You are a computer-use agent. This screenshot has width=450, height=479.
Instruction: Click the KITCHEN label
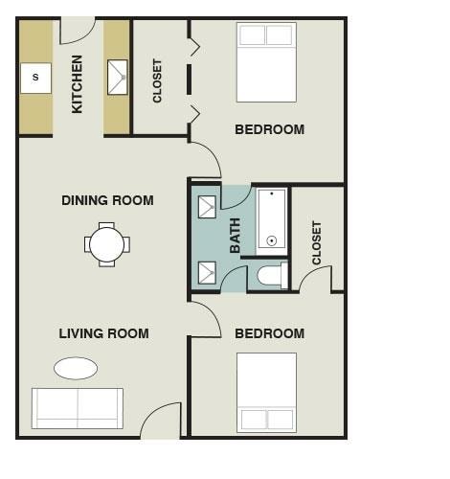78,83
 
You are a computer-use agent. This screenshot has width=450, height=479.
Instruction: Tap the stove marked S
35,78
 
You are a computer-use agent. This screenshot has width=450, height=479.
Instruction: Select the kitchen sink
118,78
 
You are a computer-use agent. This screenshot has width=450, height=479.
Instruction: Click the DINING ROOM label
107,200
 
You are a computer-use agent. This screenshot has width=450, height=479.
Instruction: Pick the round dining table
106,243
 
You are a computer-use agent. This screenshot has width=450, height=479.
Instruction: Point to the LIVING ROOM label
103,333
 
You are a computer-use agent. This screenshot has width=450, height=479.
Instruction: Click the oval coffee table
76,368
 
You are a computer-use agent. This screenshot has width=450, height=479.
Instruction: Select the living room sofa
77,408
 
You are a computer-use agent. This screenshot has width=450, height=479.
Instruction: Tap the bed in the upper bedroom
266,62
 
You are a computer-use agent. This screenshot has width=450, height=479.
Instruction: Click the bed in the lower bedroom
266,392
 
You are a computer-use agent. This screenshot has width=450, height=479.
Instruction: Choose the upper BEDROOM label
269,129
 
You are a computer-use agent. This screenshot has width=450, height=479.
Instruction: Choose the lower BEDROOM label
269,333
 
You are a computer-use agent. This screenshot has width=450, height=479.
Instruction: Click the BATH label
236,236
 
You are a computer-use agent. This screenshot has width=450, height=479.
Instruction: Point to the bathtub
272,219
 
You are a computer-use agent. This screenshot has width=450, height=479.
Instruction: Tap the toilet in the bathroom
271,277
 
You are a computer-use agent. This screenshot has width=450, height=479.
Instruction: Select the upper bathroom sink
207,207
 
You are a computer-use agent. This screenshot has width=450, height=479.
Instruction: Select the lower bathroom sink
207,272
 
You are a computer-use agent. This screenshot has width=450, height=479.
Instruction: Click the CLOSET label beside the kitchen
158,80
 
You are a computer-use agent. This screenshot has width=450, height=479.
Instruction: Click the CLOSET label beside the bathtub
317,243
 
